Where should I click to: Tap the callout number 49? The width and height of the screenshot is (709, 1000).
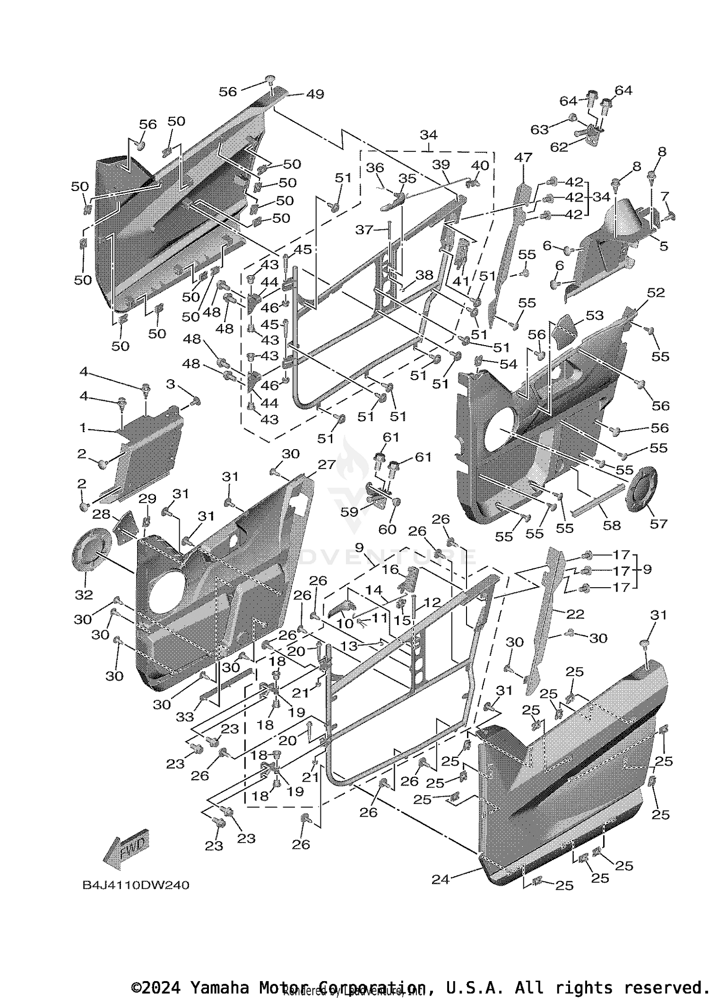coord(315,94)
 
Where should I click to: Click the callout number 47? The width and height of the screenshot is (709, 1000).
coord(523,157)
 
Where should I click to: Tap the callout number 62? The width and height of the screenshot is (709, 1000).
coord(559,147)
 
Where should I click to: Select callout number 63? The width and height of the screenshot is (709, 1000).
coord(540,129)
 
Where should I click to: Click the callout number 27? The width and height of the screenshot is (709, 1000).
coord(326,464)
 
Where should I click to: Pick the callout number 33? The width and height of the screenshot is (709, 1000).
coord(185,717)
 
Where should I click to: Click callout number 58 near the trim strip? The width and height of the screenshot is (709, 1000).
coord(612,525)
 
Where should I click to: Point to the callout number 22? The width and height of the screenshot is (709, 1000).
coord(575,614)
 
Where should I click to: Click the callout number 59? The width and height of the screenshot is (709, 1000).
coord(350,512)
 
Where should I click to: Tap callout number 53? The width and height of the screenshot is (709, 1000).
coord(595,315)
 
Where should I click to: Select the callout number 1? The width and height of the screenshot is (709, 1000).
coord(83,428)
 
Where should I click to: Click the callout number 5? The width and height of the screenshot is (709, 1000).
coord(664,245)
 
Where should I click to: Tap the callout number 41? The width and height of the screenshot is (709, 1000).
coord(461,280)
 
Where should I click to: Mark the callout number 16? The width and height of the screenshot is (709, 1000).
coord(390,569)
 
